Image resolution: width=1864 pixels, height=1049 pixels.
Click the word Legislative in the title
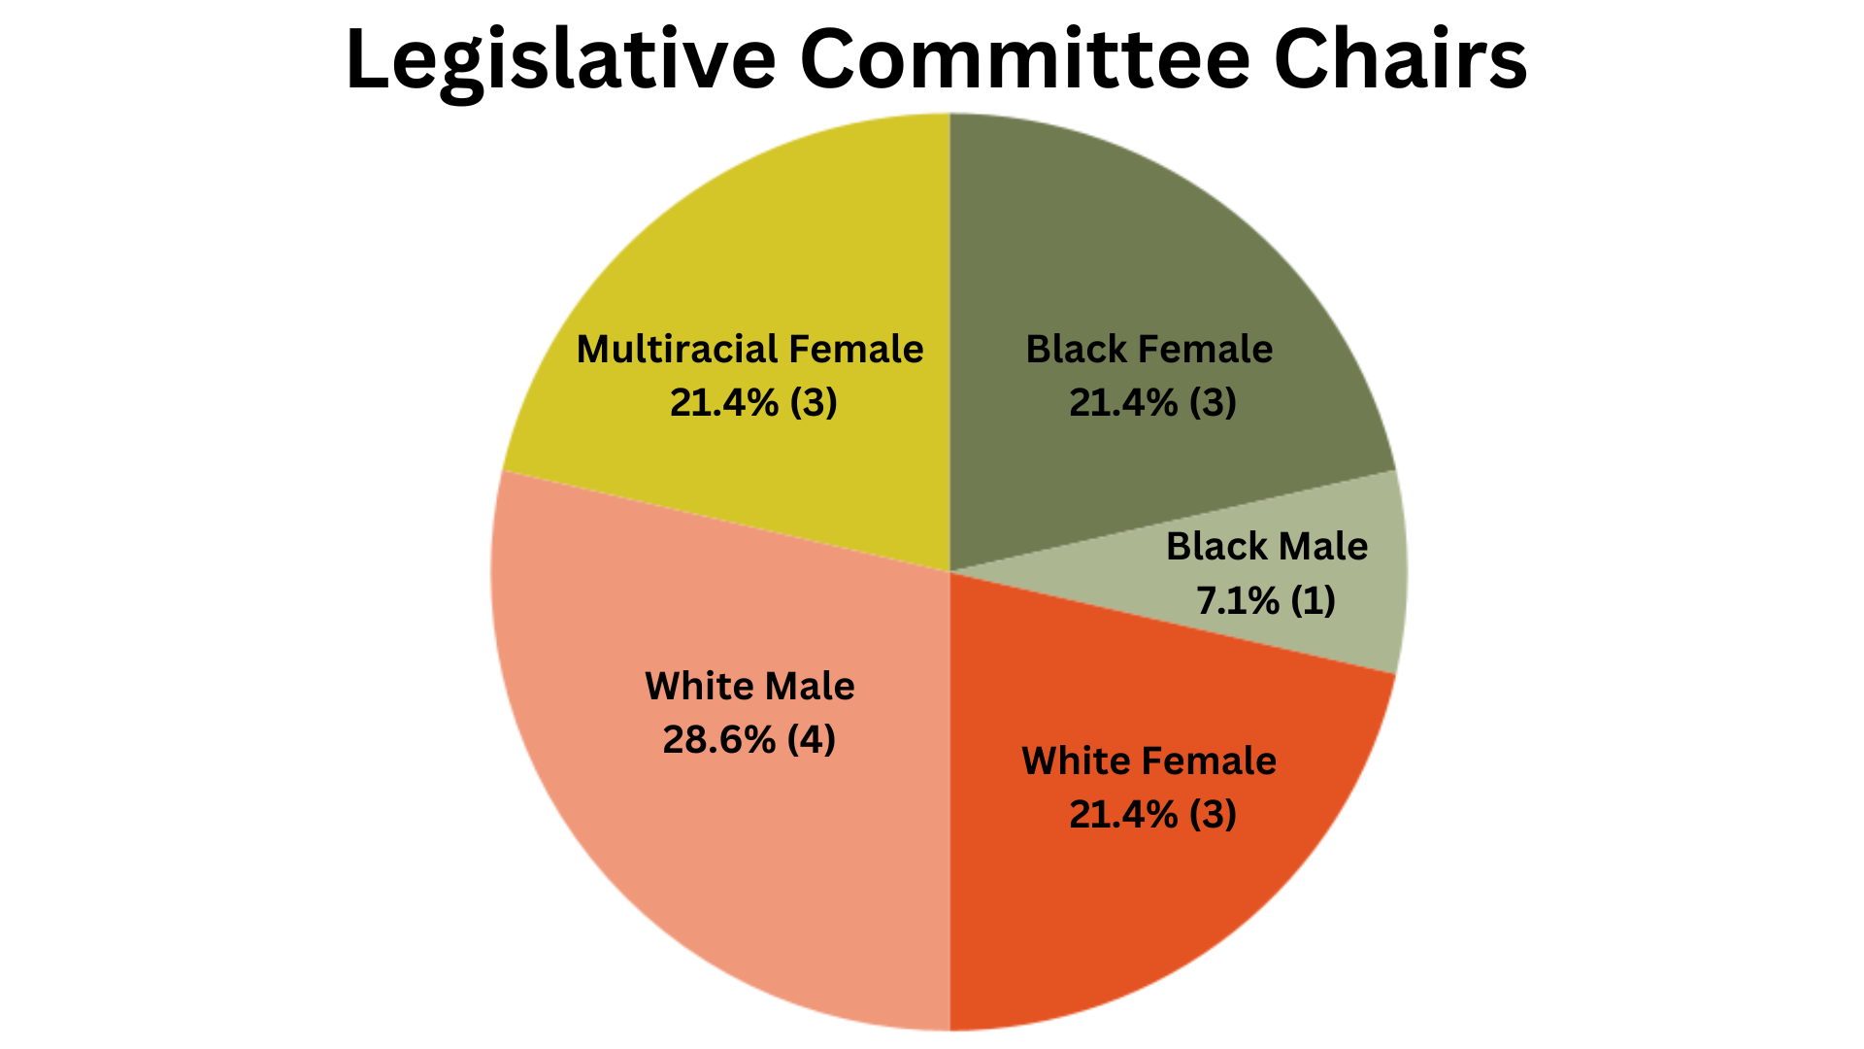[560, 61]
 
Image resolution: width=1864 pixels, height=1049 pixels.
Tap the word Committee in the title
[1025, 60]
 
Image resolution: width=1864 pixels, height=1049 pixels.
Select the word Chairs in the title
[1401, 60]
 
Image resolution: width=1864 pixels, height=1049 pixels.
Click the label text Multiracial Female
[749, 349]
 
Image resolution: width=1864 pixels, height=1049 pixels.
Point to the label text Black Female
[1149, 349]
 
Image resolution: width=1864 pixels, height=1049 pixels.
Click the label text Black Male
[1267, 546]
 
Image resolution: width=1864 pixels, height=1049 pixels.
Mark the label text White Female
[1149, 761]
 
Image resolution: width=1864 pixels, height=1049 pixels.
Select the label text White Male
[749, 686]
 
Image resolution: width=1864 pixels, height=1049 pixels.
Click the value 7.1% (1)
[1266, 600]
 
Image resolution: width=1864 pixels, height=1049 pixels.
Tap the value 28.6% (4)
[749, 740]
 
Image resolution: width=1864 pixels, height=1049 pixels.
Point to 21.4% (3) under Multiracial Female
[753, 402]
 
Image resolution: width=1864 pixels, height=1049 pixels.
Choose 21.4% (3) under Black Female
[1153, 402]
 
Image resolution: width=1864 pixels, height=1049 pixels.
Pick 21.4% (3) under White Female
[1153, 814]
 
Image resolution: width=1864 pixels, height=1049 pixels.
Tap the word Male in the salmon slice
[810, 686]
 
